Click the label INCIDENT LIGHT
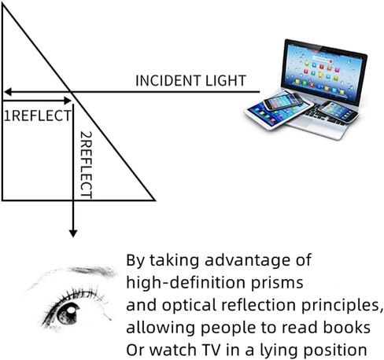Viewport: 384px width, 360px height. [191, 81]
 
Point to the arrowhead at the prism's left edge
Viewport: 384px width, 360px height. [6, 92]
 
